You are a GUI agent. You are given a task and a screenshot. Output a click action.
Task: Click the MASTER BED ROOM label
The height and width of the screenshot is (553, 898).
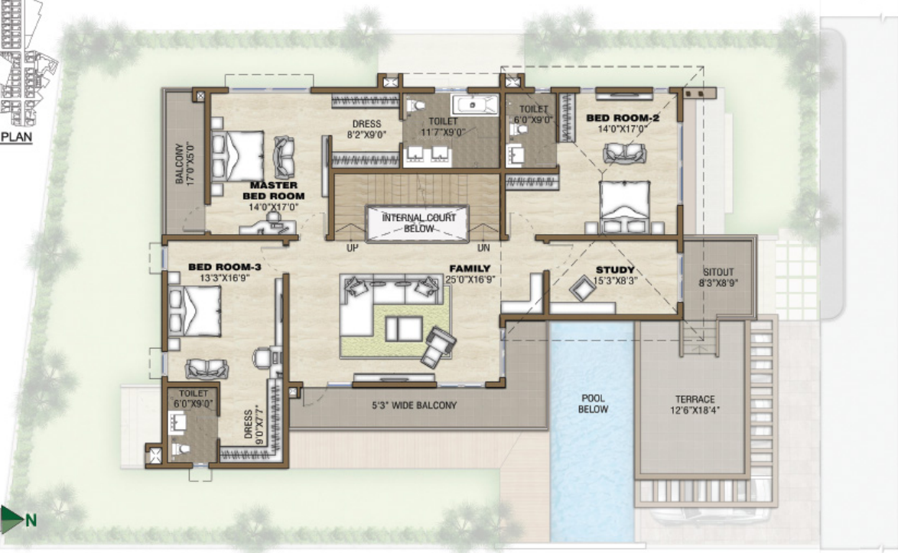click(273, 190)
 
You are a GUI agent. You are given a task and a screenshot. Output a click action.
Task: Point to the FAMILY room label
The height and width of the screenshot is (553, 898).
click(469, 268)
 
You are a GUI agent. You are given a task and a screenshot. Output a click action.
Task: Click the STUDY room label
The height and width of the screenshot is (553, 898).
click(615, 270)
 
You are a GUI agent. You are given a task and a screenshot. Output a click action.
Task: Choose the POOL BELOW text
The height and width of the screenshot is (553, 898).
click(593, 404)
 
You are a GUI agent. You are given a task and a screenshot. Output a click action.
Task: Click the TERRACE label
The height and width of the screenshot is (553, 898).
click(695, 399)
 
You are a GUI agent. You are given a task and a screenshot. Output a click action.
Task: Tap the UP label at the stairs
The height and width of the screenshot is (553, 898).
click(353, 249)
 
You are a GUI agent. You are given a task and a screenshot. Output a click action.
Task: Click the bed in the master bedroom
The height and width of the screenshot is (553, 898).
click(238, 156)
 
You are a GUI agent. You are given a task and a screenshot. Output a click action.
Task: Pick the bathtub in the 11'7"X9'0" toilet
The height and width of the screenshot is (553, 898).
click(474, 105)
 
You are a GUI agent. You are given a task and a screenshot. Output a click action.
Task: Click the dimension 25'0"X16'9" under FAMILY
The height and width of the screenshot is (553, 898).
click(469, 279)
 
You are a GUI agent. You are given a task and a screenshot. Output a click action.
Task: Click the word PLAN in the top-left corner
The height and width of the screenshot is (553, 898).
click(16, 138)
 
